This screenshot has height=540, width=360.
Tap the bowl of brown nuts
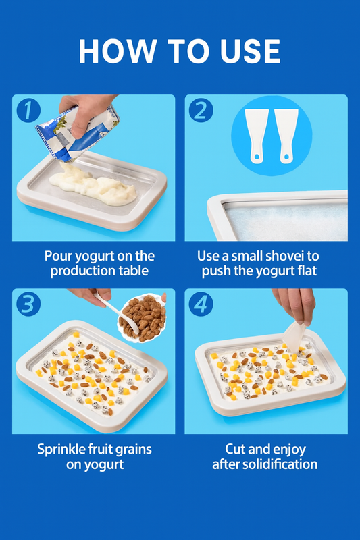(x=142, y=318)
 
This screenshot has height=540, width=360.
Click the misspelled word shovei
(x=283, y=256)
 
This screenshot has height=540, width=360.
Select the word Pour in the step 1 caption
(x=59, y=256)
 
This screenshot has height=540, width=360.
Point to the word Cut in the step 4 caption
(x=236, y=449)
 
